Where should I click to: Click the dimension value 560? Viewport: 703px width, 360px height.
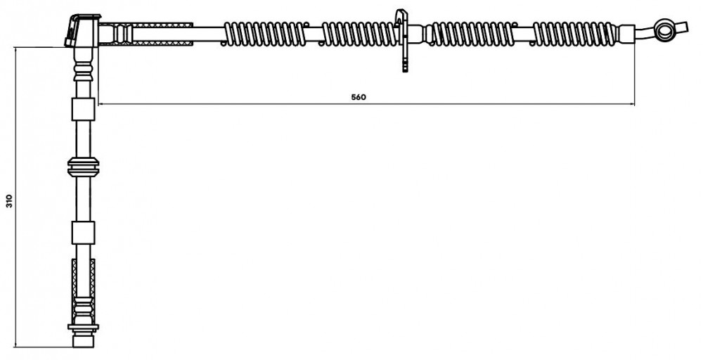(x=359, y=97)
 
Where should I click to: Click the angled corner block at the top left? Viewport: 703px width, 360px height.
(x=82, y=30)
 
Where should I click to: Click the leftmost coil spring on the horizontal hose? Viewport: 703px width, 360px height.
(x=265, y=34)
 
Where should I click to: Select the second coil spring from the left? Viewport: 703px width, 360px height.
(x=359, y=34)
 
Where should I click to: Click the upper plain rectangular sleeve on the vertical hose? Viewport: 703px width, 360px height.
(x=84, y=110)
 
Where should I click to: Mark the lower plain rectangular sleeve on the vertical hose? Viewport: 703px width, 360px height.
(x=84, y=233)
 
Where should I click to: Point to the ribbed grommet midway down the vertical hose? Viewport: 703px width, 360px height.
(x=84, y=167)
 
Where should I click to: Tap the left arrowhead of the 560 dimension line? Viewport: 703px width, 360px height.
(x=101, y=104)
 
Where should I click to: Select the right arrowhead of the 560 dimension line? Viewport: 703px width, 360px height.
(x=632, y=104)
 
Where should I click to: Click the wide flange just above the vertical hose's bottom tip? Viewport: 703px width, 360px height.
(x=84, y=327)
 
